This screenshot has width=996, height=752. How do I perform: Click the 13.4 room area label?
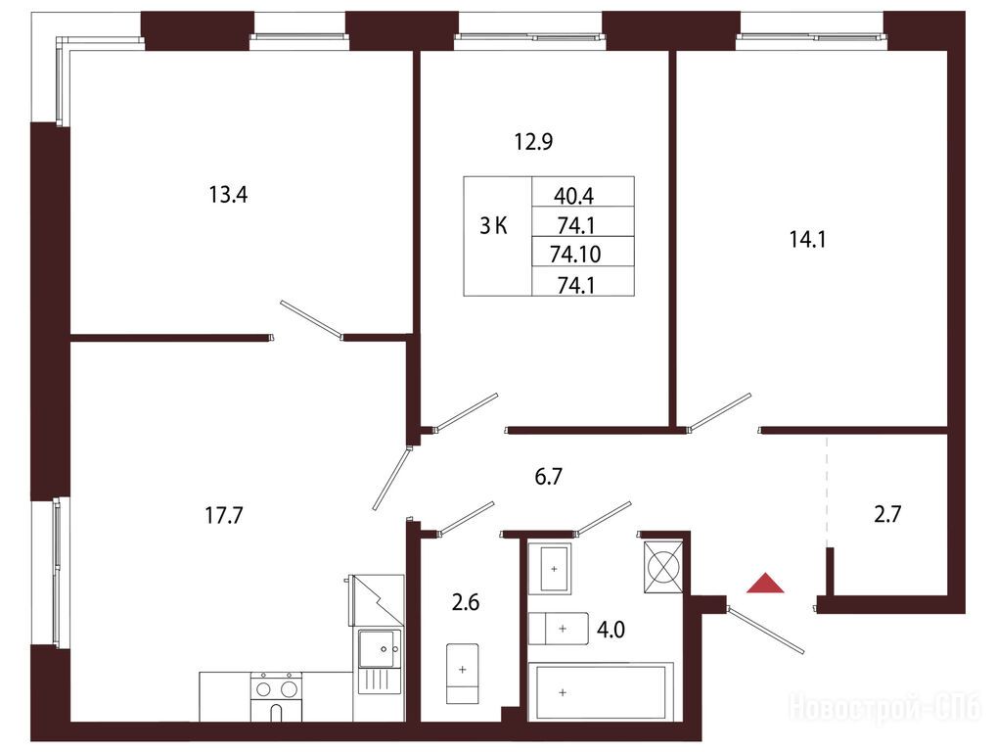[x=228, y=195]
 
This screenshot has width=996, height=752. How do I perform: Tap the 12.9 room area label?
[x=533, y=141]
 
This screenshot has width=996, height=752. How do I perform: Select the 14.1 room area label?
[x=807, y=240]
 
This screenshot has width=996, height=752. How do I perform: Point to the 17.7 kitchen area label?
[x=224, y=515]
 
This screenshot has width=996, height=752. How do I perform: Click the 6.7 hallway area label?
[x=548, y=476]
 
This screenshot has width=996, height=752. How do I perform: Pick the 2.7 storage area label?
[x=887, y=514]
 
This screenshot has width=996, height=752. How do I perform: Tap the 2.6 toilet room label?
[x=466, y=601]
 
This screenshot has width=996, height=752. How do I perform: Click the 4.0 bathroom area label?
[x=611, y=630]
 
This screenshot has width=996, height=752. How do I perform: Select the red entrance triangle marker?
[x=765, y=585]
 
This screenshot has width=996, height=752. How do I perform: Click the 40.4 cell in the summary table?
[x=573, y=196]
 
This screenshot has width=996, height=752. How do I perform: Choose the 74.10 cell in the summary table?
[x=575, y=255]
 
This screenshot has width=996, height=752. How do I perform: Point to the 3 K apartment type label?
[x=493, y=225]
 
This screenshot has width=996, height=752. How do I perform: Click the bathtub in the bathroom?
[x=601, y=691]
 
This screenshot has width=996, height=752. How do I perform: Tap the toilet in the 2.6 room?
[x=463, y=673]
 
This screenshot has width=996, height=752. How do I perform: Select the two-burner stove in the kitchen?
[x=276, y=697]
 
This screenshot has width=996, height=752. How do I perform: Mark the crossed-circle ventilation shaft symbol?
[x=663, y=567]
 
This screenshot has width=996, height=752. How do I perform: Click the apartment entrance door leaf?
[x=766, y=631]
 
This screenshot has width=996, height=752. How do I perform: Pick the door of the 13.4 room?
[x=311, y=318]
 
